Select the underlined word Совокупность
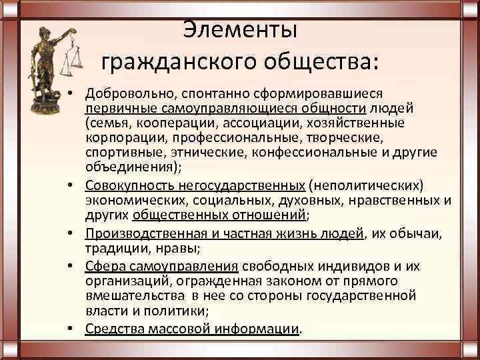click(127, 185)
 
